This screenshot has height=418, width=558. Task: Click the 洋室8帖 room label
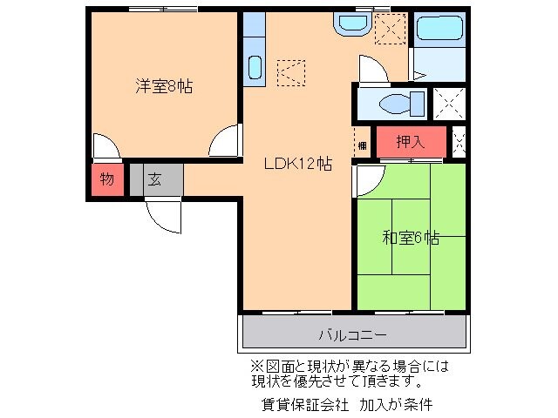[x=163, y=86]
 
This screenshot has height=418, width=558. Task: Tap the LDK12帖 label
[x=297, y=163]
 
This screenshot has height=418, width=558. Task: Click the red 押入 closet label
[x=411, y=142]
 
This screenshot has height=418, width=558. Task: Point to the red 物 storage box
[x=106, y=180]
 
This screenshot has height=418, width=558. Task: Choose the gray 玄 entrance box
[x=154, y=180]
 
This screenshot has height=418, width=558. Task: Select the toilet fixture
[x=400, y=103]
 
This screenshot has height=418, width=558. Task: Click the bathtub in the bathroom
[x=440, y=28]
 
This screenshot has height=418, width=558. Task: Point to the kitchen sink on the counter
[x=254, y=66]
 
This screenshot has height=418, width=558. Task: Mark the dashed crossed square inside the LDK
[x=292, y=71]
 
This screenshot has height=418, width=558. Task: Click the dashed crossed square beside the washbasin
[x=390, y=29]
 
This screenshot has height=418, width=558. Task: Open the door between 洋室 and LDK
[x=225, y=140]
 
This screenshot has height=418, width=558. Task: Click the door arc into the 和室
[x=367, y=179]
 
